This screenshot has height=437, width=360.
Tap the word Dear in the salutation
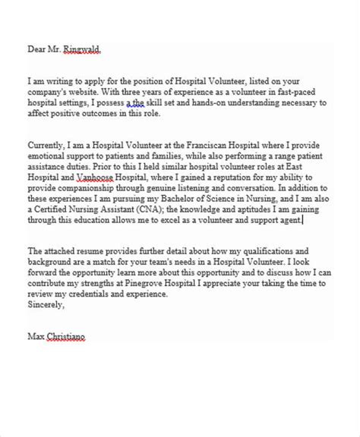(x=37, y=51)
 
